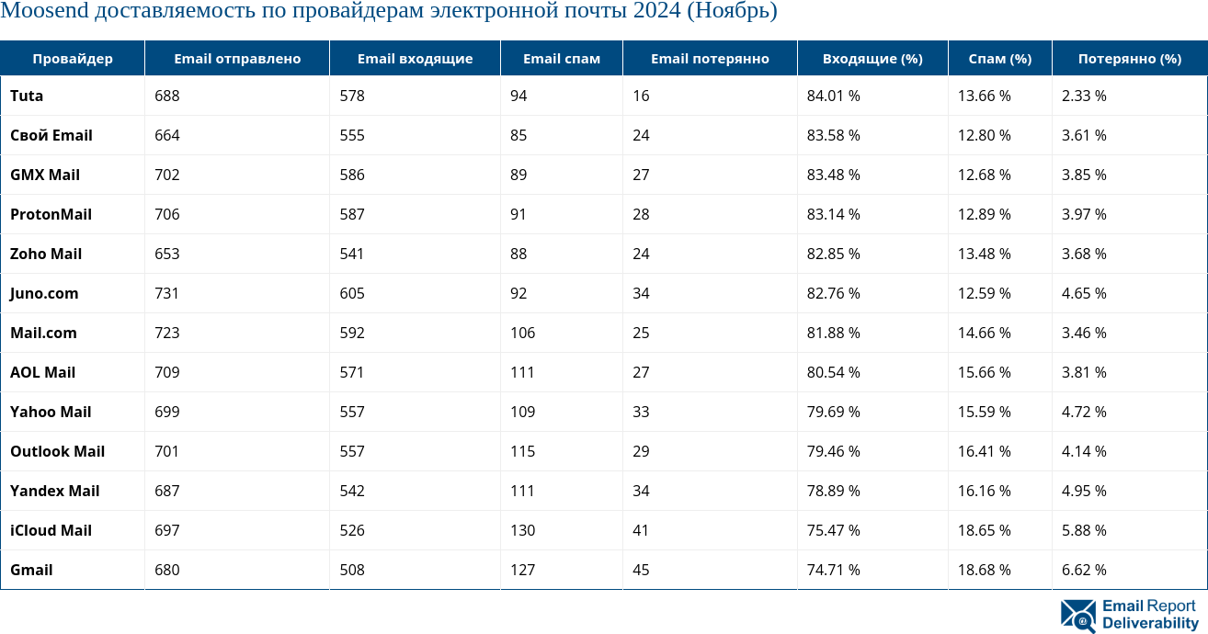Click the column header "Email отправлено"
pyautogui.click(x=237, y=59)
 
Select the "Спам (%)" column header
pyautogui.click(x=1000, y=59)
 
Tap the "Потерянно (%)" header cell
pyautogui.click(x=1130, y=59)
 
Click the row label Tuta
pyautogui.click(x=27, y=96)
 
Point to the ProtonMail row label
pyautogui.click(x=51, y=214)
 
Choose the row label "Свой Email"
pyautogui.click(x=51, y=135)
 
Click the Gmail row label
pyautogui.click(x=31, y=570)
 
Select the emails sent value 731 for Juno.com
pyautogui.click(x=167, y=293)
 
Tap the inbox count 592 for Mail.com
pyautogui.click(x=352, y=333)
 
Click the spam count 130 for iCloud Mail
pyautogui.click(x=523, y=530)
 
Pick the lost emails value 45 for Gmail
pyautogui.click(x=641, y=570)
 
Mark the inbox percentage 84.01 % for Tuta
pyautogui.click(x=834, y=96)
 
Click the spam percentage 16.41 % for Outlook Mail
pyautogui.click(x=985, y=451)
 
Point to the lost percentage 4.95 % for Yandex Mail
pyautogui.click(x=1084, y=491)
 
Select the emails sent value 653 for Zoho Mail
pyautogui.click(x=167, y=254)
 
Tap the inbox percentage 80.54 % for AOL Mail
pyautogui.click(x=834, y=372)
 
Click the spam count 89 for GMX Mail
pyautogui.click(x=519, y=175)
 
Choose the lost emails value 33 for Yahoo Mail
pyautogui.click(x=641, y=412)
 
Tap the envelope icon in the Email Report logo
pyautogui.click(x=1078, y=616)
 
